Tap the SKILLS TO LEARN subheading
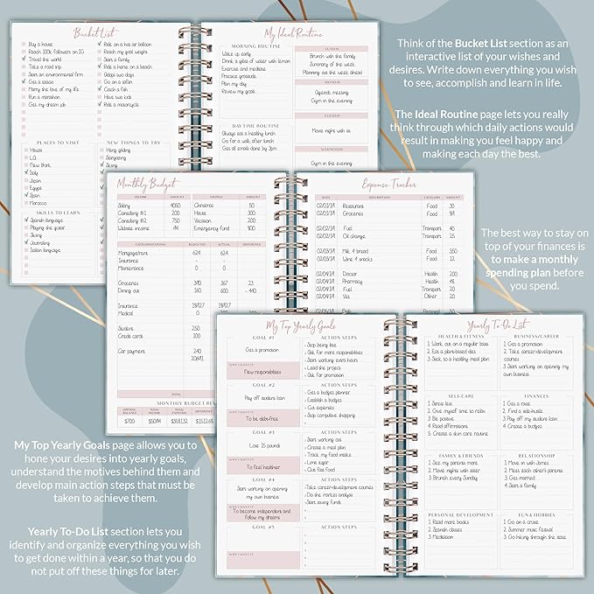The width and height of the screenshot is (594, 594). coord(53,212)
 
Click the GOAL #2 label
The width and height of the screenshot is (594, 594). coord(263,385)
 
